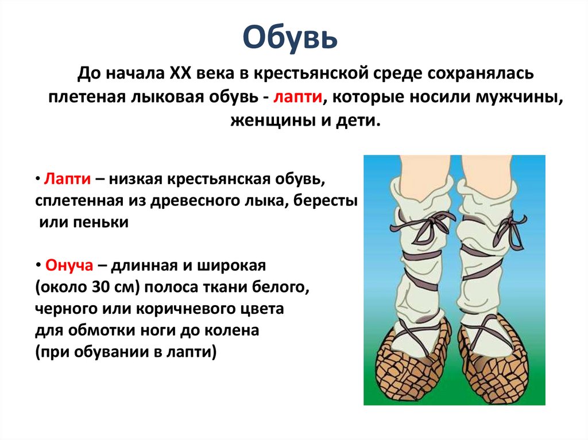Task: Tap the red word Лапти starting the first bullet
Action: (65, 180)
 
